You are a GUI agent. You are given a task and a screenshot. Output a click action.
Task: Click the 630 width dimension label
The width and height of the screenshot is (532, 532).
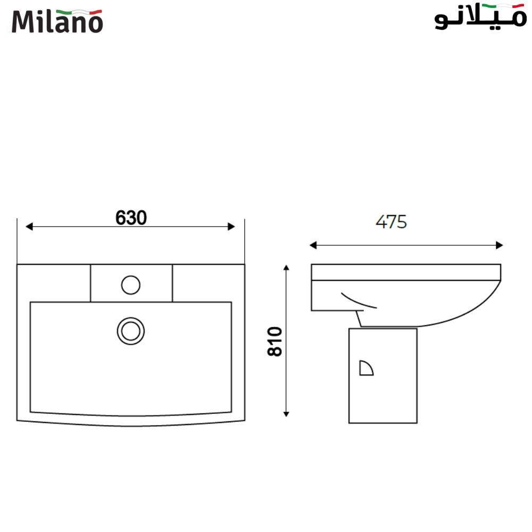pos(131,217)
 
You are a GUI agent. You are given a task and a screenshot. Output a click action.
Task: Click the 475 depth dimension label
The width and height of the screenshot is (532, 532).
pos(391,222)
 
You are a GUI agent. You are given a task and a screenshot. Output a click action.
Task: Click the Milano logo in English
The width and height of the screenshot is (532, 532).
pos(57,21)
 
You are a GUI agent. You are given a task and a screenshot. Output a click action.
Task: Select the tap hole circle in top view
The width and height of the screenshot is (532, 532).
pos(130,285)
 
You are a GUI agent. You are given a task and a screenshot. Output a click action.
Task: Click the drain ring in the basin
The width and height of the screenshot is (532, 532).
pos(131,330)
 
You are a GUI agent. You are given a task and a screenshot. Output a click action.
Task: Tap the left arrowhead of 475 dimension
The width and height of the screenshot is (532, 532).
pos(313,245)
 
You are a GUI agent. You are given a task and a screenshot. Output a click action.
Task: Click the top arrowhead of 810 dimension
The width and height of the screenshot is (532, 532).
pos(287,268)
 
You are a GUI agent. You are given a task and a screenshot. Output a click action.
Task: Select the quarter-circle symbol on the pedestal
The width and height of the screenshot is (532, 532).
pos(365,368)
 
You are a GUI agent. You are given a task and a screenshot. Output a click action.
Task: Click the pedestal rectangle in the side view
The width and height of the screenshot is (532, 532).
pos(383,399)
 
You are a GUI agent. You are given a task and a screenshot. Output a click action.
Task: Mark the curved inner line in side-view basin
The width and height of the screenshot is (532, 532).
pos(358,300)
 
